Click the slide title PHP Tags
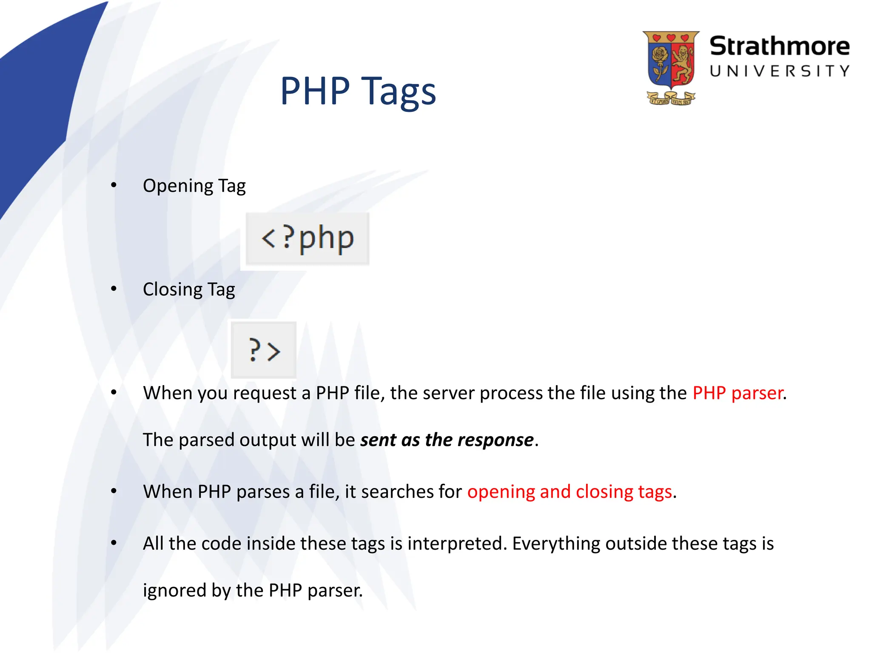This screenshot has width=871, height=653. pos(358,91)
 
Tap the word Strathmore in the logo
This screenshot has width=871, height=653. pos(779,46)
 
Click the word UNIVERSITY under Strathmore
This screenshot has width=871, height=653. pos(779,71)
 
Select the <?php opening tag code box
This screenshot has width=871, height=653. pos(307,239)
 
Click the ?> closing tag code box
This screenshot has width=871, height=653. pos(264,350)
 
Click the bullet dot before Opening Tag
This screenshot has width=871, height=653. pos(114,185)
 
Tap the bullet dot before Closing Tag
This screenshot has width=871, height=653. pos(114,289)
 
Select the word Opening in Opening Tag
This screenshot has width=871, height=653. pos(178,186)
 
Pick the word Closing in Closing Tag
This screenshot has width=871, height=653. pos(173,290)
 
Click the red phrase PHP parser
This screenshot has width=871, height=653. pos(738,393)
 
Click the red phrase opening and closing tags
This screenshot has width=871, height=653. pos(569,492)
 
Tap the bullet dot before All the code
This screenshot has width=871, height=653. pos(114,543)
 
